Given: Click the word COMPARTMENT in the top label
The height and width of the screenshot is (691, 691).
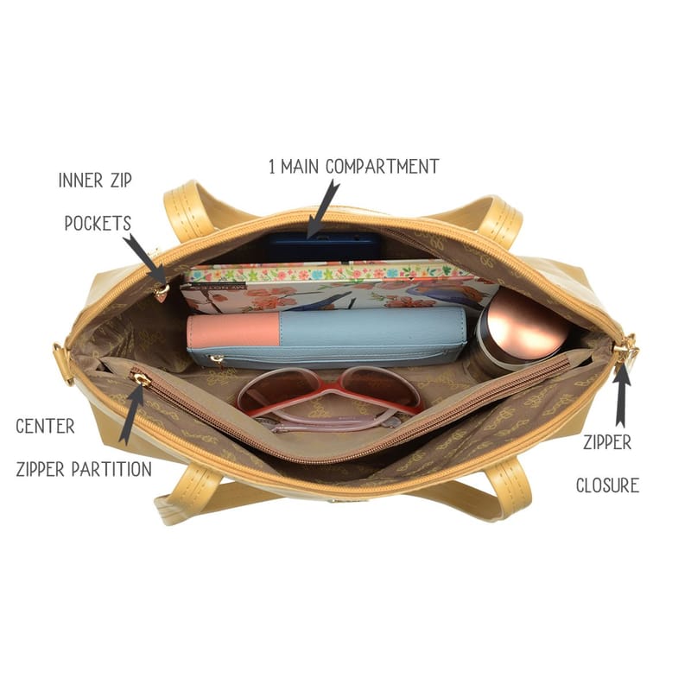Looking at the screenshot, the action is point(383,167).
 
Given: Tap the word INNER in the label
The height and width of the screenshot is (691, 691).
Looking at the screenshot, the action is point(80,181).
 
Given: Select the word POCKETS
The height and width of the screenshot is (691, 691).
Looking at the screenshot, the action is point(98,223).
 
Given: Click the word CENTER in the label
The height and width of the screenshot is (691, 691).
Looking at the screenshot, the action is point(45,426).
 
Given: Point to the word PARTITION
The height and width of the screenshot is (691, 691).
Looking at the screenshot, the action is point(111,469).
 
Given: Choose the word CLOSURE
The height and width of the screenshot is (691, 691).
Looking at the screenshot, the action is point(608,485).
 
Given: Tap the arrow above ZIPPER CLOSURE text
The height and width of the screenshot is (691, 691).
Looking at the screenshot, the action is point(621,396).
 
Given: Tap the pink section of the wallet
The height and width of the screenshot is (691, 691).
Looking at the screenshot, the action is point(232,331).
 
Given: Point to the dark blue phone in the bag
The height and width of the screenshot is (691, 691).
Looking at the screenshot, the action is point(323,247).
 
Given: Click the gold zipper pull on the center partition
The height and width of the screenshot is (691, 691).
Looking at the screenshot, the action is point(139,378).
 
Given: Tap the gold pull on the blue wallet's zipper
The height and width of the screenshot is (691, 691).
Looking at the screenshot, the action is point(217,359).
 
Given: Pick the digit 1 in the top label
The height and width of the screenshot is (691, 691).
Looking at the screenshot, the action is point(272,167).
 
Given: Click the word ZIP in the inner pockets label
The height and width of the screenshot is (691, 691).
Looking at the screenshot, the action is point(121,181).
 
